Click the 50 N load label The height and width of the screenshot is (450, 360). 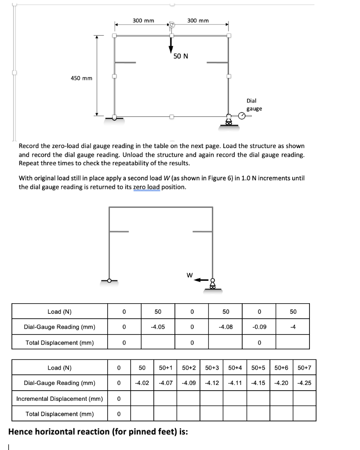(180, 56)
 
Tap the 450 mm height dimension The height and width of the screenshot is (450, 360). (81, 78)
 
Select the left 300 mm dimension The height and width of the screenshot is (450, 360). (143, 20)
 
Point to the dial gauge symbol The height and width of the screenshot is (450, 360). (242, 116)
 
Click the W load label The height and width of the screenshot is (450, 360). (189, 276)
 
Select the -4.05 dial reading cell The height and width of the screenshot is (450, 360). (158, 327)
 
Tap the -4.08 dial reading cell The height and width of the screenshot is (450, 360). (225, 327)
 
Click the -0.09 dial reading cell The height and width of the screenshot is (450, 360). (259, 327)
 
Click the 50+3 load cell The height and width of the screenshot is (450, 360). (212, 367)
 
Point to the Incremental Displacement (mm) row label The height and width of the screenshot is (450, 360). (60, 399)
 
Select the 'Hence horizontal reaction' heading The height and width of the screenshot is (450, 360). (98, 432)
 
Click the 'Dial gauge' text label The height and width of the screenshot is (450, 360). (254, 105)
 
